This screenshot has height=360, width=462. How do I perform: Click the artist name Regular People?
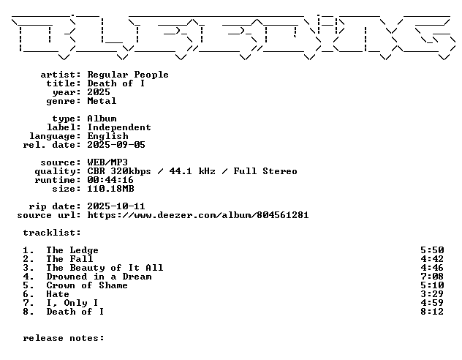(x=128, y=75)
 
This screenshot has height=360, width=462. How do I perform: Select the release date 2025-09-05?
(x=116, y=145)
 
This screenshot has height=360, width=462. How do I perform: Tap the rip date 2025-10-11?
(x=116, y=206)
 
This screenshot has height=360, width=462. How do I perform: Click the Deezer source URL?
(x=198, y=215)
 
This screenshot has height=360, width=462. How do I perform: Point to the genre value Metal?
(x=102, y=101)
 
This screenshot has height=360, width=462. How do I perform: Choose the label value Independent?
(x=119, y=127)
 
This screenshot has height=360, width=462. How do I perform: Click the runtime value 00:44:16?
(x=110, y=180)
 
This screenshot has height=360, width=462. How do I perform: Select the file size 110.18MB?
(x=110, y=189)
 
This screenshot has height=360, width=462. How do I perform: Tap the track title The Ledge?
(x=72, y=250)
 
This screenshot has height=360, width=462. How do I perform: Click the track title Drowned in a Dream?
(x=99, y=277)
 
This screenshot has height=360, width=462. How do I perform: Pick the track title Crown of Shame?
(x=87, y=285)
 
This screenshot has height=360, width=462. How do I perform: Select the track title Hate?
(x=58, y=294)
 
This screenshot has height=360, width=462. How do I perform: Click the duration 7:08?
(x=432, y=277)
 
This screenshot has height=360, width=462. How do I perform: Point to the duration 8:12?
(x=432, y=312)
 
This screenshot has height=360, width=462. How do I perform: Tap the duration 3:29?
(x=432, y=294)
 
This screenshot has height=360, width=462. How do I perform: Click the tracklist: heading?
(x=52, y=233)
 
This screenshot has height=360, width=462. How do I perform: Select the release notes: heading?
(x=64, y=338)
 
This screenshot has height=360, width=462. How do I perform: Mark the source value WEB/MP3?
(x=107, y=162)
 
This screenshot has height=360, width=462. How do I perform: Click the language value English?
(x=108, y=136)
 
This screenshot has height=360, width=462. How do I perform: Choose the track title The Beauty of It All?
(x=105, y=268)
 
